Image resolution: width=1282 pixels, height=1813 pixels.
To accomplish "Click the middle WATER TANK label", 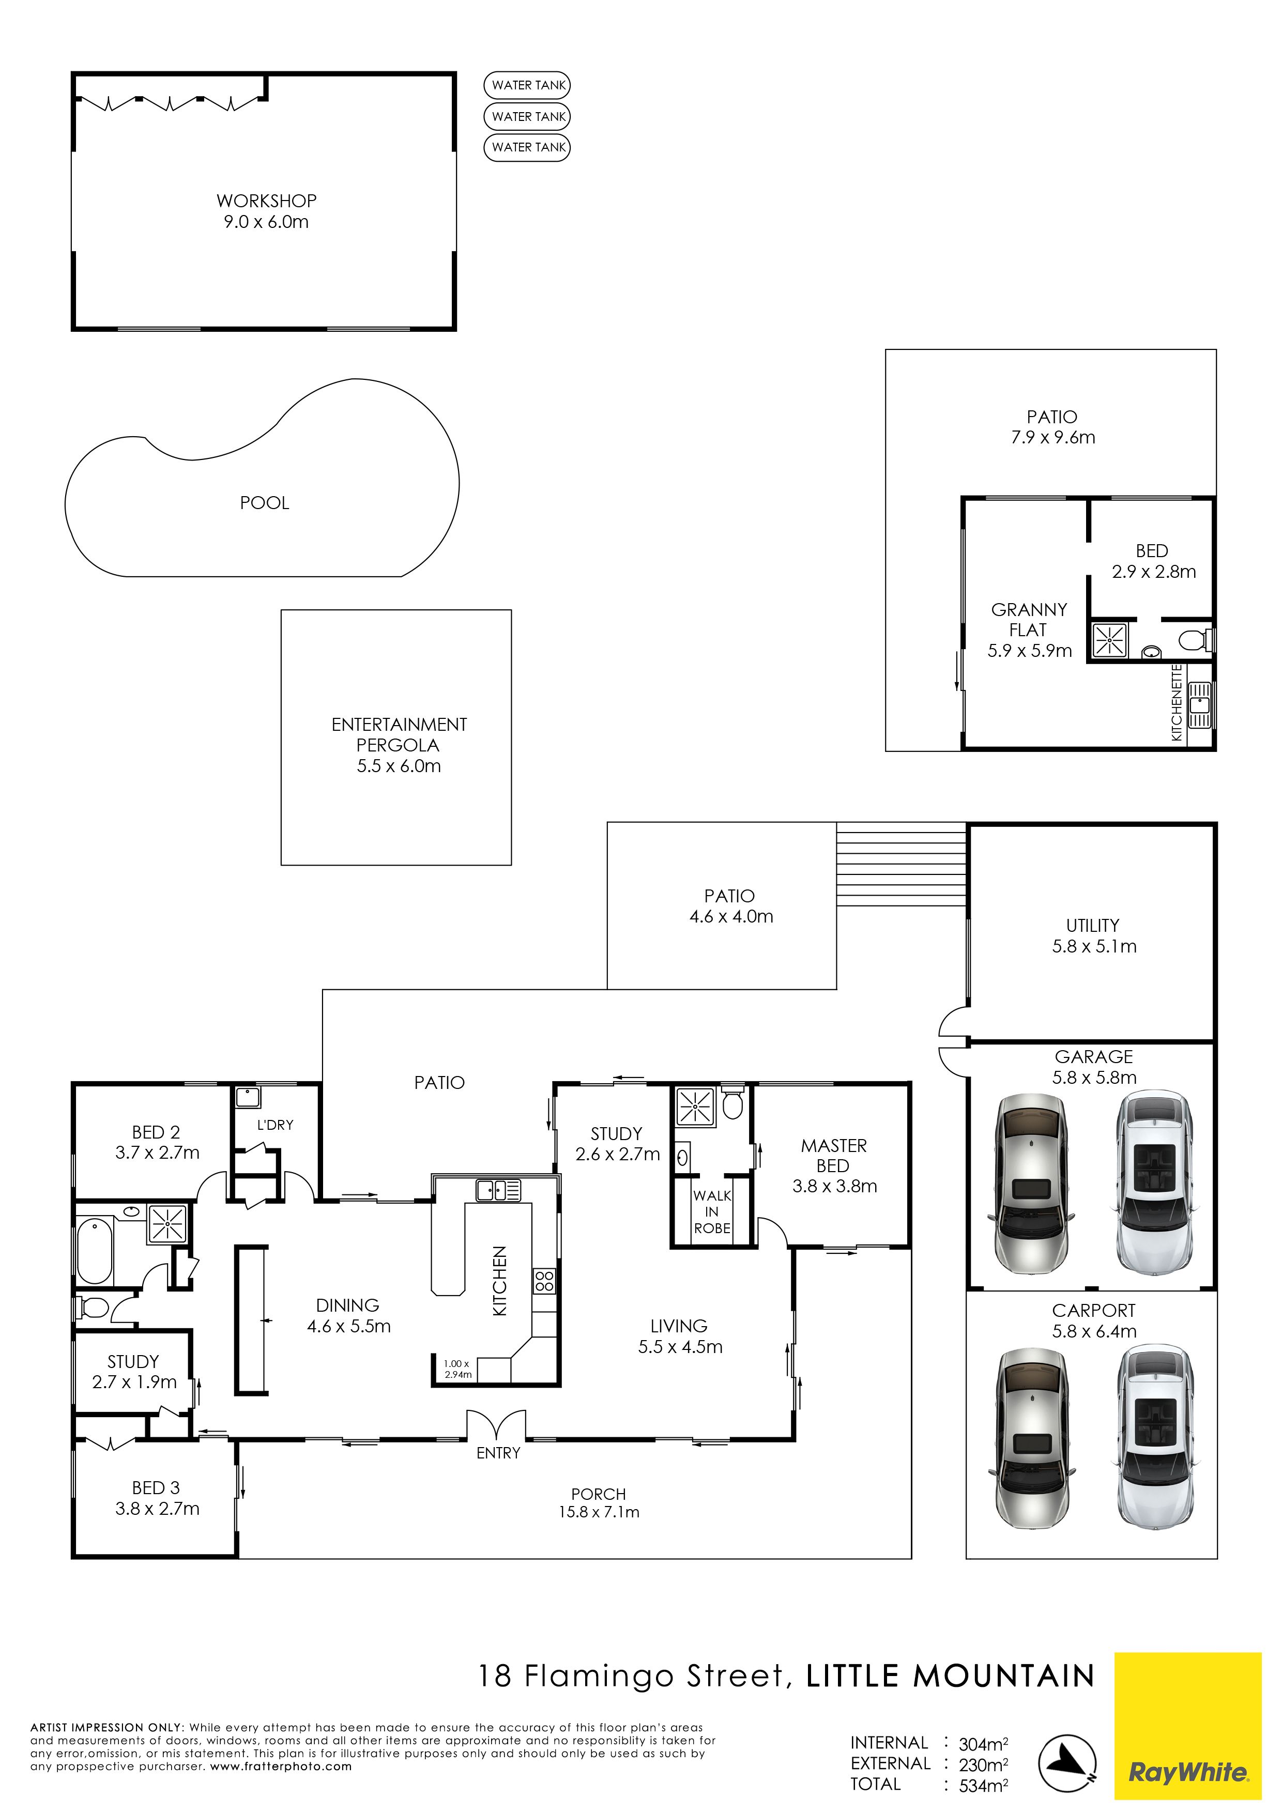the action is (x=528, y=116).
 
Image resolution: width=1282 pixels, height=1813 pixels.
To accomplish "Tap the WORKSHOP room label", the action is (x=266, y=201).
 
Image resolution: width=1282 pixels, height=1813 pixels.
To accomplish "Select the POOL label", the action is (x=265, y=503).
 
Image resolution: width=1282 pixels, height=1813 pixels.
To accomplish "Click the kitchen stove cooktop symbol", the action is (x=544, y=1280).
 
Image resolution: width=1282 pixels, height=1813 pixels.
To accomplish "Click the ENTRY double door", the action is (x=496, y=1424).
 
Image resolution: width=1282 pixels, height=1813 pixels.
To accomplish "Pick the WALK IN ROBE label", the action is (x=712, y=1212).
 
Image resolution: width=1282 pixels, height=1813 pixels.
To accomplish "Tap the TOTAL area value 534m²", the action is (x=983, y=1786).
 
